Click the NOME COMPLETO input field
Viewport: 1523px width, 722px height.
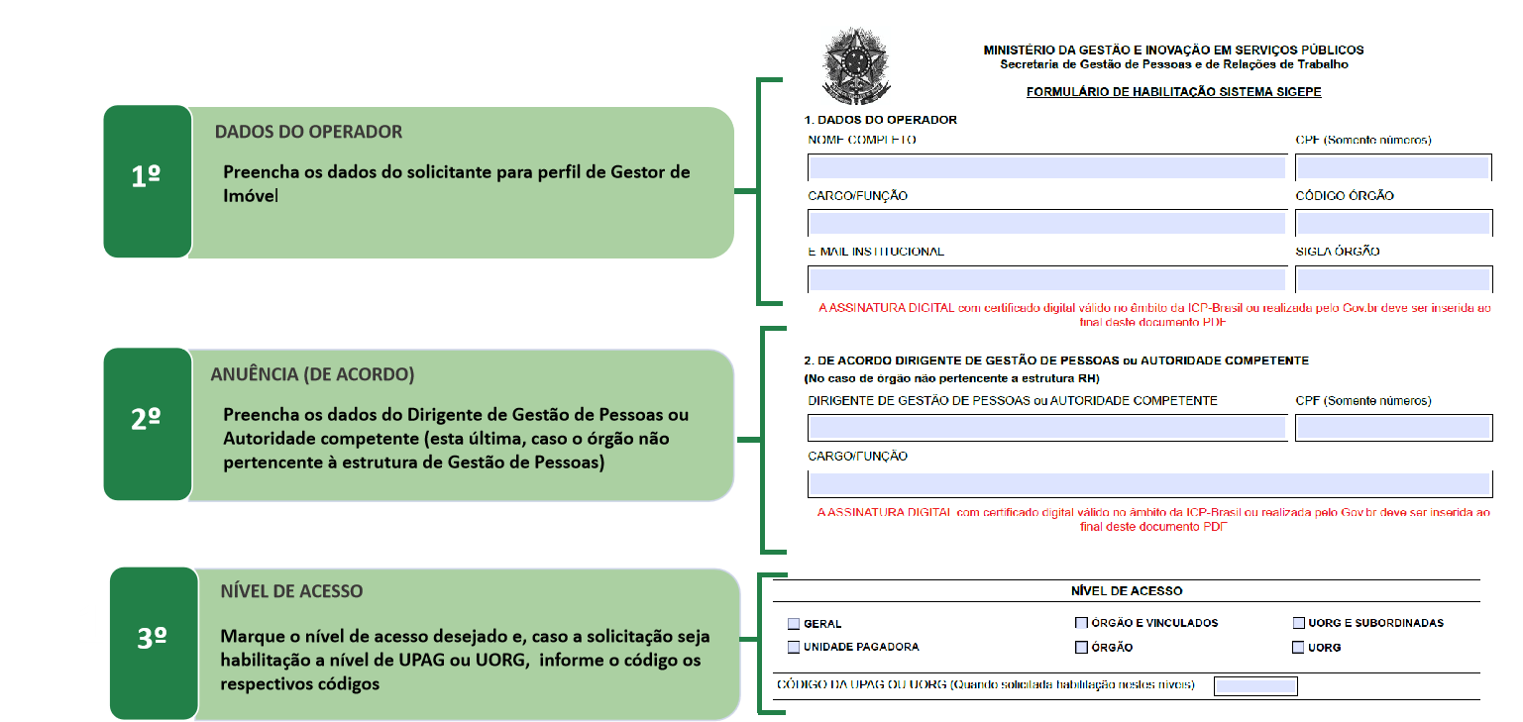coord(1046,166)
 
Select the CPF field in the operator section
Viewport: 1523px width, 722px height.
coord(1392,166)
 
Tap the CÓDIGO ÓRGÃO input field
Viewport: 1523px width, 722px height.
coord(1392,223)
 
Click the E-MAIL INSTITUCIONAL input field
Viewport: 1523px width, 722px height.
coord(1046,278)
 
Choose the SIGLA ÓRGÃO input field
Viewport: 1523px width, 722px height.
coord(1392,278)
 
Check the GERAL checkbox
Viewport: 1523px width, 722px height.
coord(794,624)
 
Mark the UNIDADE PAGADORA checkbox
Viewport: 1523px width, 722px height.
coord(794,647)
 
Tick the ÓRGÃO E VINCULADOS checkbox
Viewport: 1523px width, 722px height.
coord(1081,624)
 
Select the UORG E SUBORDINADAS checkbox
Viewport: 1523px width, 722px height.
coord(1298,624)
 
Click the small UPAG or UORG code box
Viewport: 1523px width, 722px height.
coord(1255,685)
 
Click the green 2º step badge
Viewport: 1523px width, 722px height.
coord(147,423)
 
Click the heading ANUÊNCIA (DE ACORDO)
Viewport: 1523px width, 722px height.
coord(312,375)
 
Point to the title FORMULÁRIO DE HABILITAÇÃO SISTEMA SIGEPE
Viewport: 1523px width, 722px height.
coord(1173,92)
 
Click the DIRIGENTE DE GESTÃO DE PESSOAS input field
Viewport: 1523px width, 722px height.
coord(1046,428)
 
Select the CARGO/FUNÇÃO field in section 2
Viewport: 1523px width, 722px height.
coord(1149,484)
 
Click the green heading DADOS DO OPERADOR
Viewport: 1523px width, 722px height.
coord(308,132)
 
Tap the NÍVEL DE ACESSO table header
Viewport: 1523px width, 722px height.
coord(1127,590)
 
